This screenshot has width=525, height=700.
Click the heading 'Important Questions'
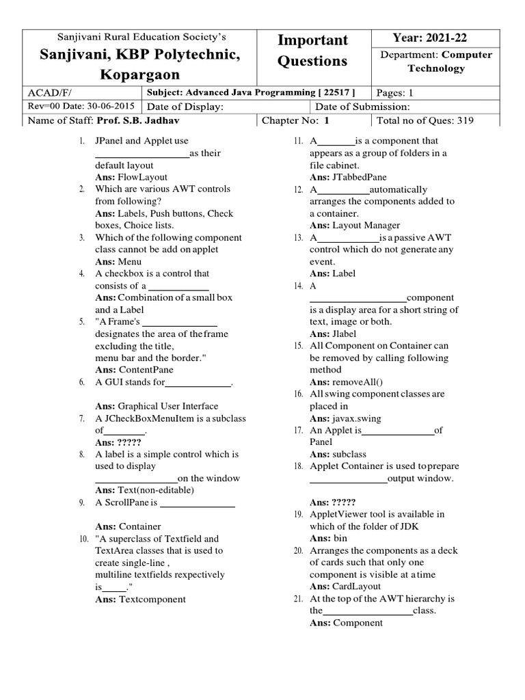point(312,51)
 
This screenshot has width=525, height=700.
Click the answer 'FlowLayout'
point(143,176)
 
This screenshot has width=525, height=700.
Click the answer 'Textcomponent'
point(152,600)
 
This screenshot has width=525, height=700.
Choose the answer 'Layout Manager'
point(366,225)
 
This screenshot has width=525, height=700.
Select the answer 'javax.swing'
point(356,418)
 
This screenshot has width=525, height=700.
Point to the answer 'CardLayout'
point(357,587)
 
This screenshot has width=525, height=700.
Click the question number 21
point(298,599)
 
